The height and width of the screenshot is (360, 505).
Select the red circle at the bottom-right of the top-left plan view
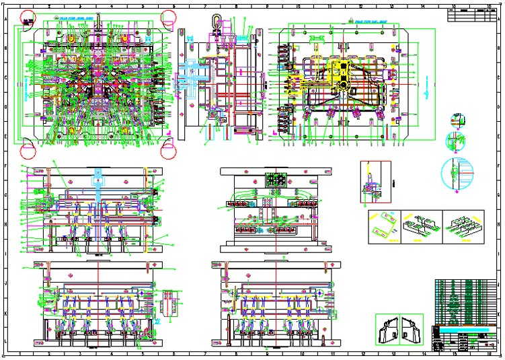click(x=169, y=148)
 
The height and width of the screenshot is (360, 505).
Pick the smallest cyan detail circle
click(x=457, y=120)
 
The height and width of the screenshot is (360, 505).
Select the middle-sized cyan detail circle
click(x=457, y=141)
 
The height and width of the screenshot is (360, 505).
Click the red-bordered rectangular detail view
click(x=375, y=181)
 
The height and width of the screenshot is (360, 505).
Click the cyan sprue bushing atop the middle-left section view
click(x=98, y=181)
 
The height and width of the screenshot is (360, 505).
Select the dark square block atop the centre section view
click(x=276, y=180)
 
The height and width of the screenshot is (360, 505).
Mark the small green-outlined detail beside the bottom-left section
click(x=169, y=302)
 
